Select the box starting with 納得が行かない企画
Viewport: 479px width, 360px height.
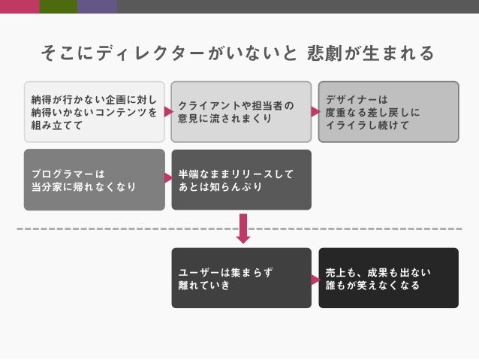click(x=94, y=112)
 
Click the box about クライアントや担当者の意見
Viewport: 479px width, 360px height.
click(x=240, y=112)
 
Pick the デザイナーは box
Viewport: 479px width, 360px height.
click(x=388, y=112)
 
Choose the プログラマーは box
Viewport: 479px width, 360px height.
click(x=94, y=180)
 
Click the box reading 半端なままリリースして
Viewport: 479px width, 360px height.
click(x=240, y=180)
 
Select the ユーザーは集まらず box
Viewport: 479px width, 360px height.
click(x=240, y=278)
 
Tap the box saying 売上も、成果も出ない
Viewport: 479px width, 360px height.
click(x=388, y=278)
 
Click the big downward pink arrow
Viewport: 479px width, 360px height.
click(x=242, y=228)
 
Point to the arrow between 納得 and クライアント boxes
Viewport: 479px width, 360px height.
click(x=168, y=112)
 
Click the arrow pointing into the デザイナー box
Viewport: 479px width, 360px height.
click(x=315, y=112)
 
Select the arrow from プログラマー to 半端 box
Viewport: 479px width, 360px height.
click(x=168, y=179)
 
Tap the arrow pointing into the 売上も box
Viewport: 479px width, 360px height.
click(x=315, y=279)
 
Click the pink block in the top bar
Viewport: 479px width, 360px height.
click(x=20, y=6)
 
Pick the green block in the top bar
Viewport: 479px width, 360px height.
click(x=58, y=6)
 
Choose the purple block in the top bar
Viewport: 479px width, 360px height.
click(x=97, y=6)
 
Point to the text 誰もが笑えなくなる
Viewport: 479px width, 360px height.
click(x=372, y=286)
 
